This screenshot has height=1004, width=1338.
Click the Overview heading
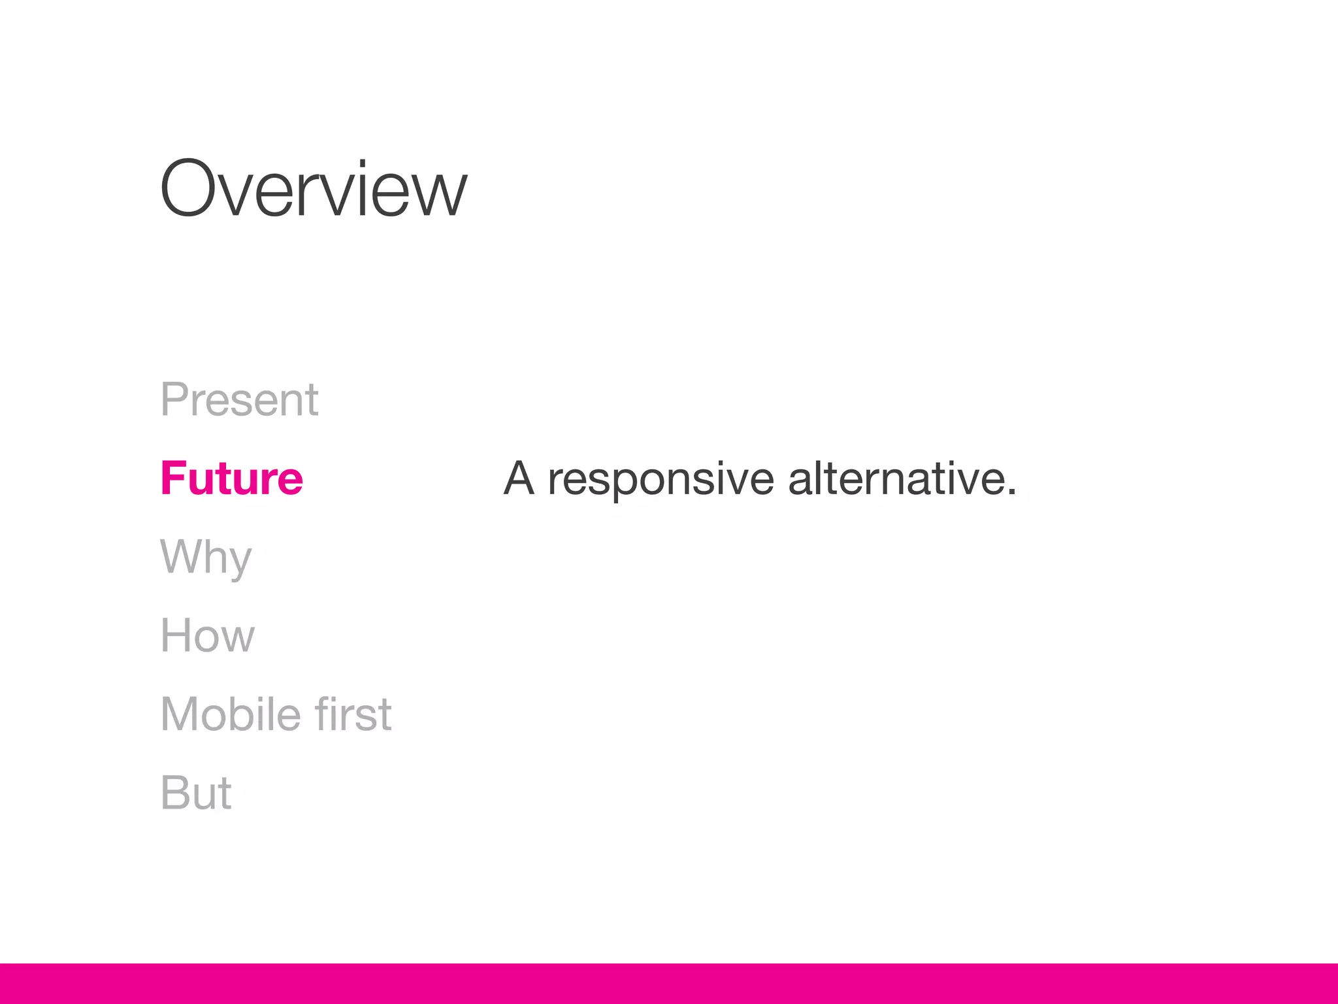pyautogui.click(x=314, y=190)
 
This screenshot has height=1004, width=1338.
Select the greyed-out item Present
pyautogui.click(x=239, y=399)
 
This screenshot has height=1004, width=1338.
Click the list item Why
pyautogui.click(x=206, y=558)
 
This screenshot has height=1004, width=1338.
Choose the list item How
pyautogui.click(x=207, y=635)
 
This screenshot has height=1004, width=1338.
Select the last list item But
pyautogui.click(x=195, y=793)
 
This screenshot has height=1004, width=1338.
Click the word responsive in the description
pyautogui.click(x=661, y=479)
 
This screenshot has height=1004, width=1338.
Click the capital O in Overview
pyautogui.click(x=189, y=190)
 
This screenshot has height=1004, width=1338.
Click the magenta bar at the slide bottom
pyautogui.click(x=669, y=983)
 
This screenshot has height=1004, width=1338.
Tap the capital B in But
pyautogui.click(x=175, y=793)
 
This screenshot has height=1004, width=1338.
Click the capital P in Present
pyautogui.click(x=175, y=399)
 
